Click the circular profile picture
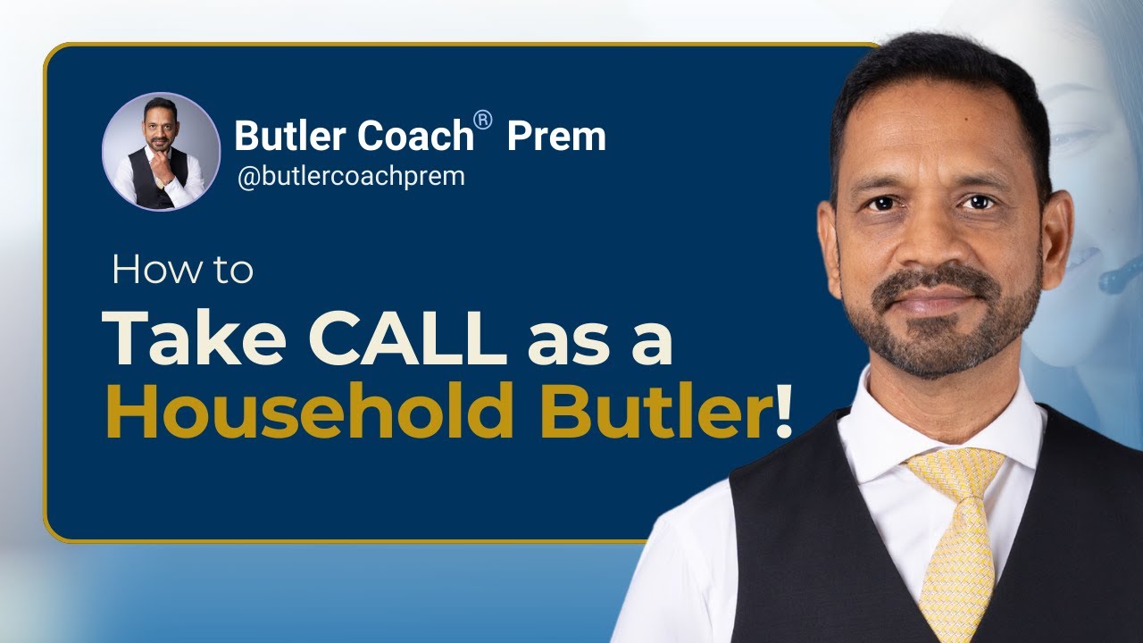tap(161, 151)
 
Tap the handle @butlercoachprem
tap(350, 176)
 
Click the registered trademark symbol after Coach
tap(483, 121)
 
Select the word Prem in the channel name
tap(556, 136)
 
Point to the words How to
tap(182, 271)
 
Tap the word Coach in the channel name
tap(415, 136)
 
